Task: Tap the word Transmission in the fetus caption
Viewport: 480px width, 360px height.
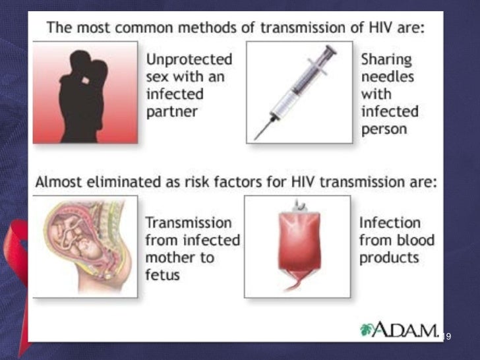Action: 189,222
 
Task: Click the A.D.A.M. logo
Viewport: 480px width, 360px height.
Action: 399,330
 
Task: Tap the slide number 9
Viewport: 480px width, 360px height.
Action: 448,337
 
